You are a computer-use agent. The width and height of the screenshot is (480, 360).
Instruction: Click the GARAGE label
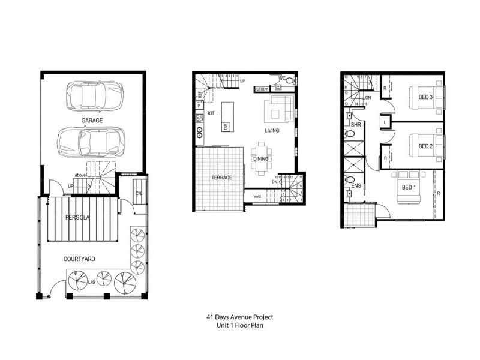tap(92, 121)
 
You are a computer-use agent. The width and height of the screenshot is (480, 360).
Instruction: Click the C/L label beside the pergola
tap(139, 193)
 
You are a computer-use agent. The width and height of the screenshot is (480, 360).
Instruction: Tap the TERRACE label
tap(221, 178)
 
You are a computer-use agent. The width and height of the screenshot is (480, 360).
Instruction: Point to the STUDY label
tap(262, 89)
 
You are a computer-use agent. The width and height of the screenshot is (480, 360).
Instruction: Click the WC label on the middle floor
tap(281, 78)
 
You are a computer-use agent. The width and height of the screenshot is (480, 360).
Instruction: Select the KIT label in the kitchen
tap(211, 113)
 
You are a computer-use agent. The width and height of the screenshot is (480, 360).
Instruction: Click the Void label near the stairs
tap(257, 196)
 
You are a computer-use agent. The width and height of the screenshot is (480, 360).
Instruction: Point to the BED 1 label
tap(408, 187)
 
